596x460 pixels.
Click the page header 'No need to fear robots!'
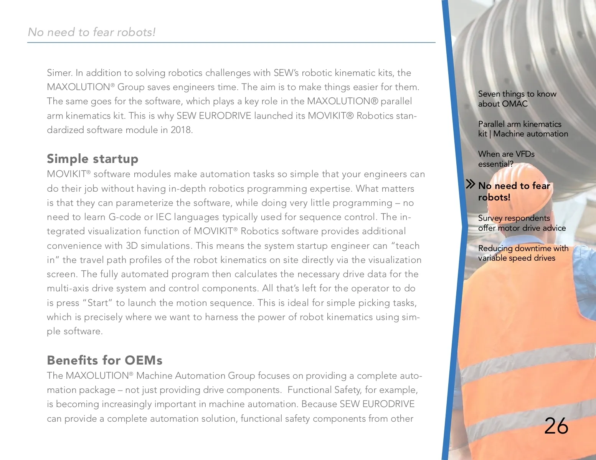pyautogui.click(x=92, y=32)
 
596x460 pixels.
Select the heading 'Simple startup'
pyautogui.click(x=92, y=159)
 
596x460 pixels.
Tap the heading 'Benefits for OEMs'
pyautogui.click(x=104, y=360)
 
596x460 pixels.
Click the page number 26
pyautogui.click(x=556, y=426)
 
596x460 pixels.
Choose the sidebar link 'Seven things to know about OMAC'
pyautogui.click(x=517, y=99)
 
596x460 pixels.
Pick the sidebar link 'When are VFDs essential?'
pyautogui.click(x=506, y=159)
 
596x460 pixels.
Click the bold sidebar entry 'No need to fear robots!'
pyautogui.click(x=514, y=191)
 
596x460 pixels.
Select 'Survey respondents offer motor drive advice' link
pyautogui.click(x=522, y=223)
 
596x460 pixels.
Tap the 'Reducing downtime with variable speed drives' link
pyautogui.click(x=523, y=253)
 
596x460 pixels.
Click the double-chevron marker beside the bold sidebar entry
pyautogui.click(x=470, y=184)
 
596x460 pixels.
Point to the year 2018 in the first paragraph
pyautogui.click(x=181, y=130)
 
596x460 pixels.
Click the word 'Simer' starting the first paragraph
pyautogui.click(x=59, y=73)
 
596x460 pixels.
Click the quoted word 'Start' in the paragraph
pyautogui.click(x=97, y=303)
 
